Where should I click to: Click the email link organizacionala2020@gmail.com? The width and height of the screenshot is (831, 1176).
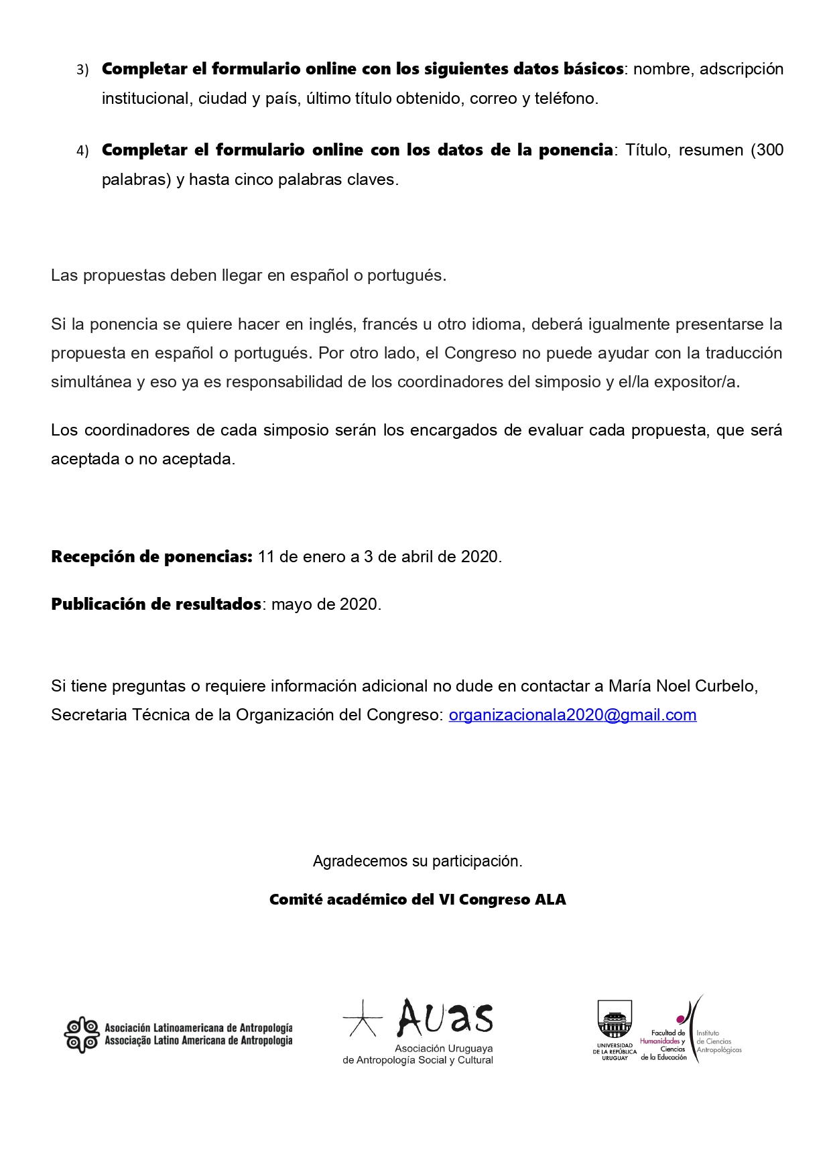click(572, 715)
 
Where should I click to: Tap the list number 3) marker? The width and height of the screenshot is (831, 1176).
click(82, 70)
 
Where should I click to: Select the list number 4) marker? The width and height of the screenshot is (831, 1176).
click(82, 151)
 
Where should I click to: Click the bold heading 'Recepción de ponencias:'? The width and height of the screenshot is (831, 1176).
click(151, 557)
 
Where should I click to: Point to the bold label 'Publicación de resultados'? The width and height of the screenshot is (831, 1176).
click(156, 604)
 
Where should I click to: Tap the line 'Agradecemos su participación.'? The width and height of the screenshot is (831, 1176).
click(418, 861)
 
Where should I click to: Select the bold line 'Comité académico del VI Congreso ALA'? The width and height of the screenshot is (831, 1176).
click(418, 900)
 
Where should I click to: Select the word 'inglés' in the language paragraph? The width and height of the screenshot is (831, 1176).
click(331, 324)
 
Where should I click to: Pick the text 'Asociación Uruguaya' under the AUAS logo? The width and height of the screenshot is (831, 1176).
click(443, 1049)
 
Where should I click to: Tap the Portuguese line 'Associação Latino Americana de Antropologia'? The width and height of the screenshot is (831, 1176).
click(198, 1041)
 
